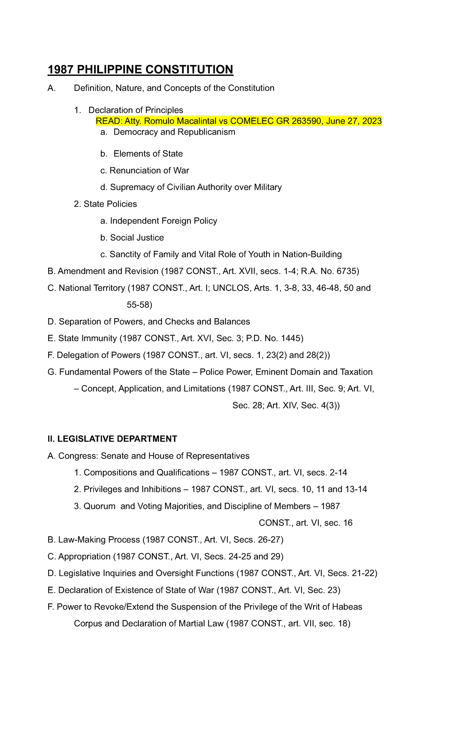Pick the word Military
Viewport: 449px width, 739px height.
[268, 187]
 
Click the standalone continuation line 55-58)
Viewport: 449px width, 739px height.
[139, 305]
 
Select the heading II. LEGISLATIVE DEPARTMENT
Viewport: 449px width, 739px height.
[112, 439]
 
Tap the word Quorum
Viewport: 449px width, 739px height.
[100, 506]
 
